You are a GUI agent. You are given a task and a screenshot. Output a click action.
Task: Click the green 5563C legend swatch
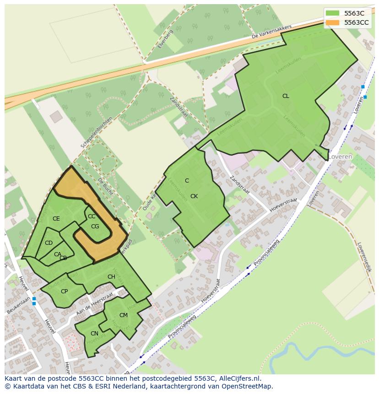point(333,13)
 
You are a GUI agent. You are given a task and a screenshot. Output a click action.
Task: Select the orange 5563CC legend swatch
point(333,22)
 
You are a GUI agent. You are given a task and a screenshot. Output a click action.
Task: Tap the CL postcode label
point(286,96)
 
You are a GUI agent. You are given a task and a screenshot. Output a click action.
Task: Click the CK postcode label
point(194,196)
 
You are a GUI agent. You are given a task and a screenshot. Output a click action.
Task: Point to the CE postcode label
point(56,219)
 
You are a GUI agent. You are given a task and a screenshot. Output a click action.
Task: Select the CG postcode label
point(95,227)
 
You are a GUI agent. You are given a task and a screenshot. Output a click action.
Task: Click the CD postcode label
point(49,243)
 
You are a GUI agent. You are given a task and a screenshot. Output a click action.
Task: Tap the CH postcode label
point(111,277)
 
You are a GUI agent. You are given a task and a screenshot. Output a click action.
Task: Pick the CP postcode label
point(65,291)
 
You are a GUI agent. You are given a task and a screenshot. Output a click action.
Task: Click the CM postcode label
point(124,315)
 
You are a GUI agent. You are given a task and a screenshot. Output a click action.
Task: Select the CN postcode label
point(94,334)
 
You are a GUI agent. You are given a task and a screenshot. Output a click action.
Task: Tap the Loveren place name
point(340,157)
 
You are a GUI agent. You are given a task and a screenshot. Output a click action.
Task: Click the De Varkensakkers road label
point(271,32)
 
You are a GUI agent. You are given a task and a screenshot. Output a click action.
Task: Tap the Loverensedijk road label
point(364,257)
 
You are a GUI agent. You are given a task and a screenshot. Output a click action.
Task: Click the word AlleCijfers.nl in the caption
point(238,378)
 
